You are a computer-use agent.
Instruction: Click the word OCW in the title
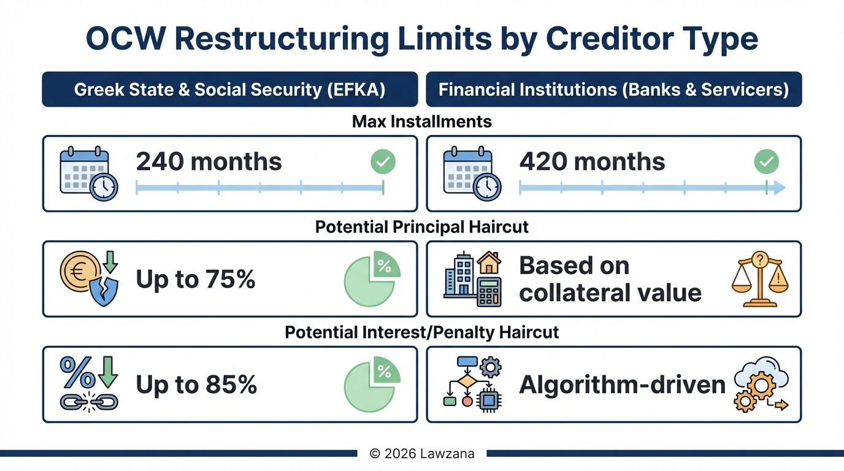(x=125, y=39)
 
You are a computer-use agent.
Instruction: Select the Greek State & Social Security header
(x=229, y=90)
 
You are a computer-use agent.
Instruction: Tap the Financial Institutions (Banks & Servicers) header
(x=613, y=90)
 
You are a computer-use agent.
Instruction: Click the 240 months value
(x=209, y=162)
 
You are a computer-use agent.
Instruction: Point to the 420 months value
(x=592, y=162)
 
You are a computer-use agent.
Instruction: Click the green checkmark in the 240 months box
(x=383, y=162)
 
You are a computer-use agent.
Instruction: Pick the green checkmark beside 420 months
(x=766, y=162)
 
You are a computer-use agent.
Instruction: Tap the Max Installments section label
(x=422, y=121)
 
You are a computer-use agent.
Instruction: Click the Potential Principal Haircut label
(x=422, y=227)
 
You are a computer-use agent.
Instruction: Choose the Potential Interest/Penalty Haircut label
(x=422, y=332)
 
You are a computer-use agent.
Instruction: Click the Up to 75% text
(x=195, y=280)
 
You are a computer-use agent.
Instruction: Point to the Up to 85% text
(x=196, y=385)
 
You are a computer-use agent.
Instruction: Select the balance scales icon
(x=760, y=279)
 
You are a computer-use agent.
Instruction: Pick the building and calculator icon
(x=472, y=278)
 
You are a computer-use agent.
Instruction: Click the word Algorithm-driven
(x=622, y=385)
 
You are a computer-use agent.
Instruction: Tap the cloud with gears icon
(x=761, y=385)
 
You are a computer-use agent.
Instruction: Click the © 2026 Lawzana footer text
(x=421, y=454)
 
